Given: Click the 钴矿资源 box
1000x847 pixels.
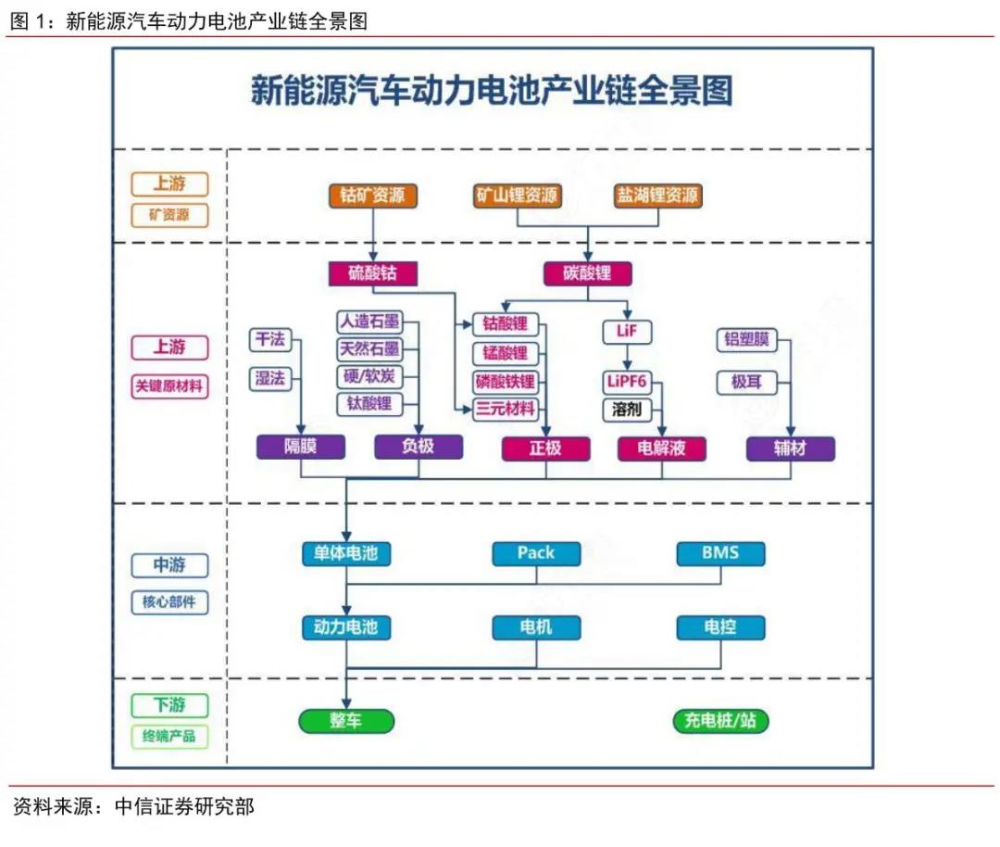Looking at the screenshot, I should click(372, 196).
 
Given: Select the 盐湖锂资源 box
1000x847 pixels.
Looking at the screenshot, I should click(657, 196).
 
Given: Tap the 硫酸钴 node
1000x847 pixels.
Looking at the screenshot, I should click(372, 273).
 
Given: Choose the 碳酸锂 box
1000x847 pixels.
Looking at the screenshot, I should click(588, 273).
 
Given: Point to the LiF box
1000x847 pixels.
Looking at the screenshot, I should click(627, 331).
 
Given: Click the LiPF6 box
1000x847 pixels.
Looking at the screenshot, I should click(627, 381).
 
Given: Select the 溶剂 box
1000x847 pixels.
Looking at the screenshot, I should click(627, 409).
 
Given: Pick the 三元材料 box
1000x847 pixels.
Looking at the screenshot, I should click(505, 409).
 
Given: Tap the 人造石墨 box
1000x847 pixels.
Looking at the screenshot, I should click(369, 322).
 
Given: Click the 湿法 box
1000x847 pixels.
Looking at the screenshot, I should click(270, 377).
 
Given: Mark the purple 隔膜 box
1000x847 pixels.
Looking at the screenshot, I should click(300, 448).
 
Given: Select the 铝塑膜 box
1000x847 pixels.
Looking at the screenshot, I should click(746, 339).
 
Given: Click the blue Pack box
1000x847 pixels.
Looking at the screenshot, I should click(535, 553).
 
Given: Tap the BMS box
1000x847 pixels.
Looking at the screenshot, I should click(719, 553).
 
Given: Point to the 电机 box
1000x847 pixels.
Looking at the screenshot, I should click(535, 627).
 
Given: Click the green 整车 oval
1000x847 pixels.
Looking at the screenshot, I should click(345, 720).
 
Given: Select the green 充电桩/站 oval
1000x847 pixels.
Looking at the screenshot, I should click(720, 720).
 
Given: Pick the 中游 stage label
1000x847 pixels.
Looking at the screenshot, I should click(169, 565).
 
